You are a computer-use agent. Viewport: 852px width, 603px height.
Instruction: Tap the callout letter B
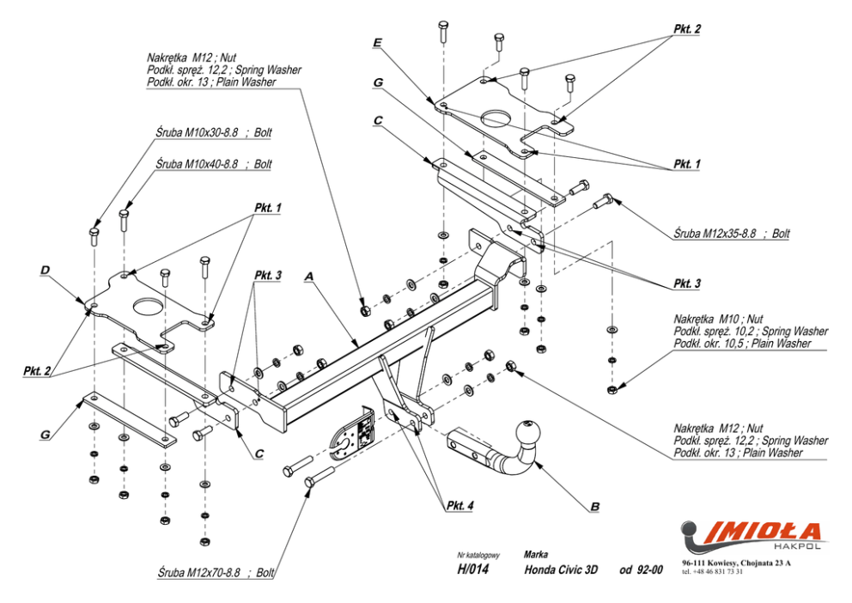point(593,507)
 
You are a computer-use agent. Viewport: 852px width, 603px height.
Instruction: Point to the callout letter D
point(45,270)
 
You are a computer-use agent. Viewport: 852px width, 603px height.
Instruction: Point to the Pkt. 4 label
point(459,505)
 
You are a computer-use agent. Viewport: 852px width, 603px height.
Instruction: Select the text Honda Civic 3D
point(560,569)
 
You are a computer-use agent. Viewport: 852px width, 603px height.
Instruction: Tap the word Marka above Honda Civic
point(535,554)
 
